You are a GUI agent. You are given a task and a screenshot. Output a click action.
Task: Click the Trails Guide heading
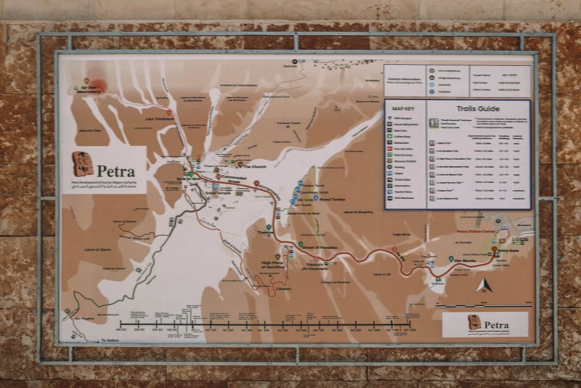(478, 109)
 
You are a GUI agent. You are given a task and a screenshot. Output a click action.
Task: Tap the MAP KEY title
(405, 109)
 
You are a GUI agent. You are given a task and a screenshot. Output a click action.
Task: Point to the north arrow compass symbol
(483, 285)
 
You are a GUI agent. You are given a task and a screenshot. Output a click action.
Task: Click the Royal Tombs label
(332, 199)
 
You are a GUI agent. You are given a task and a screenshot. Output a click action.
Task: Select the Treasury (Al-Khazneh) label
(315, 266)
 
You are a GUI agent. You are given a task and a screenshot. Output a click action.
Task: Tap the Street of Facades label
(320, 248)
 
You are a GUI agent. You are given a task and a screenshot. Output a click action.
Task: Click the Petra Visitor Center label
(476, 232)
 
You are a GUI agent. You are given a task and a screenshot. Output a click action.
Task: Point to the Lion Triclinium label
(159, 119)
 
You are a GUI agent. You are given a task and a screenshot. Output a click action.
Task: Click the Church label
(255, 167)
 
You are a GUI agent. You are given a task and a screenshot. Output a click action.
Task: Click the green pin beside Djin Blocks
(451, 259)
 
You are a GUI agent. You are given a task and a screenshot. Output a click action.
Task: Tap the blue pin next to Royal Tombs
(316, 199)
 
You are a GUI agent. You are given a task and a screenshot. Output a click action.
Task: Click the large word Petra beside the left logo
(115, 171)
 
